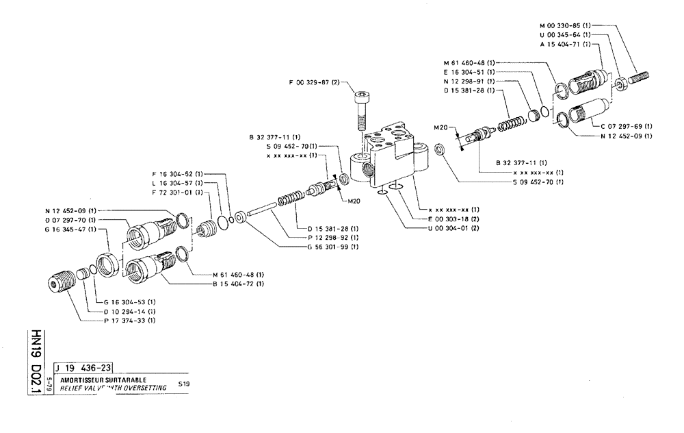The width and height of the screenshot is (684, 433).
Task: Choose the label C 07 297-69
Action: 626,126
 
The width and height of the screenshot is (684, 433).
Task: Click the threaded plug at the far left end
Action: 60,282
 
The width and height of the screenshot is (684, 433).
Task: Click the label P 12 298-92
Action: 333,237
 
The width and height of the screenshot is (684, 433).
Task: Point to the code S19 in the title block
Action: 184,383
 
